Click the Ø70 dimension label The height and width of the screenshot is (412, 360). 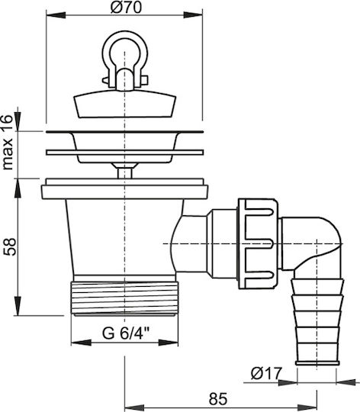click(x=126, y=7)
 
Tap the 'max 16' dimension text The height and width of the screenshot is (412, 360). click(x=8, y=143)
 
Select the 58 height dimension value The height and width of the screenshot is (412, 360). click(x=10, y=246)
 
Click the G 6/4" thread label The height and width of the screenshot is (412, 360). click(x=126, y=333)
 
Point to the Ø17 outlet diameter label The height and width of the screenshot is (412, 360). click(x=266, y=373)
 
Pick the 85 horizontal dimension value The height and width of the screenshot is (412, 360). click(x=218, y=399)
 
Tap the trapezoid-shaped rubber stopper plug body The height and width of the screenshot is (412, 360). click(x=125, y=104)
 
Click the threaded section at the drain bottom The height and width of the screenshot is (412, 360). click(x=125, y=298)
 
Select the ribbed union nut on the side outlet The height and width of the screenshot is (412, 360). click(x=258, y=244)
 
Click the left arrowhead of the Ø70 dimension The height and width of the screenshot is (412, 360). click(x=56, y=14)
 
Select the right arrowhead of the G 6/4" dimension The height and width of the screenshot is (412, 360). click(x=169, y=343)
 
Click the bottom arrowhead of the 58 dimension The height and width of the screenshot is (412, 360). click(x=18, y=306)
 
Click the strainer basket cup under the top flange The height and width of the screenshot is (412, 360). click(x=125, y=147)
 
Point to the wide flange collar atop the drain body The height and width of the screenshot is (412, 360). click(x=125, y=188)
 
